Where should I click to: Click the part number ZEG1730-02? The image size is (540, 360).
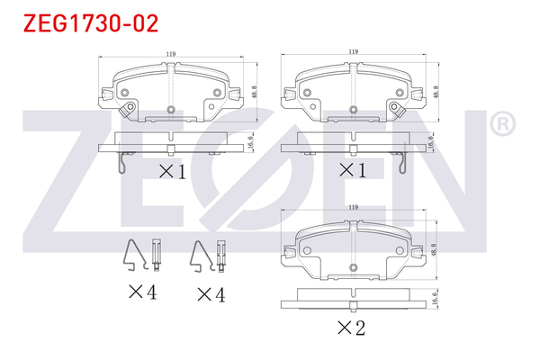tap(84, 22)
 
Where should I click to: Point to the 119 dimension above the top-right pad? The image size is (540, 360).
tap(353, 52)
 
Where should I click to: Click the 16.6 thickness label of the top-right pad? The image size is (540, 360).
tap(432, 140)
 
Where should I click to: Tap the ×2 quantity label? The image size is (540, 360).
tap(350, 328)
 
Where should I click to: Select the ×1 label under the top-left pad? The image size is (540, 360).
tap(172, 170)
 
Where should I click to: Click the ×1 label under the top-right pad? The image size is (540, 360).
tap(351, 170)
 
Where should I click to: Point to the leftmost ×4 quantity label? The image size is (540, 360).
tap(142, 292)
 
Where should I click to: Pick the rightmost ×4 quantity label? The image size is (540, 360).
tap(209, 292)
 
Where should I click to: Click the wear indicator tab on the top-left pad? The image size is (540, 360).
tap(128, 110)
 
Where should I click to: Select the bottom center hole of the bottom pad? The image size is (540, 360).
tap(353, 268)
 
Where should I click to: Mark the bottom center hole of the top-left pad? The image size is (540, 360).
tap(171, 111)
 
